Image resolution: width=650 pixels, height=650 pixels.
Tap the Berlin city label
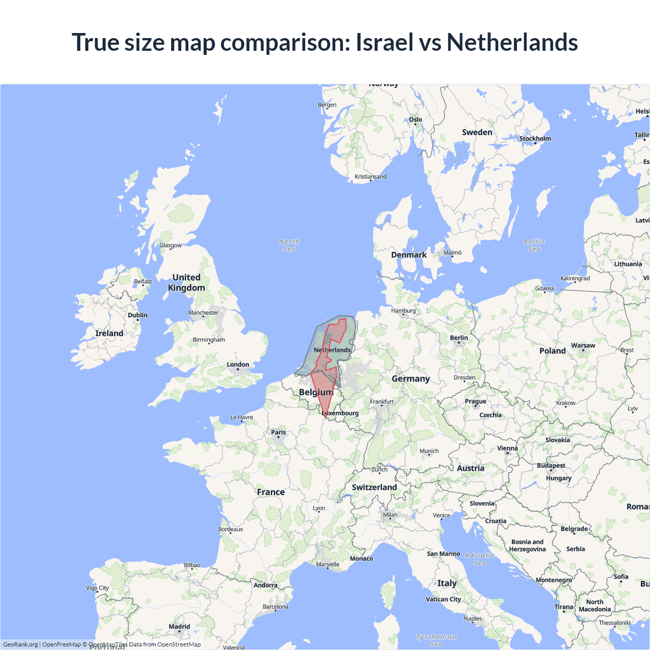[x=459, y=338]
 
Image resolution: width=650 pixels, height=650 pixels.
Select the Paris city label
[x=278, y=433]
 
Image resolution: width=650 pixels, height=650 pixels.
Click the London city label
[x=238, y=365]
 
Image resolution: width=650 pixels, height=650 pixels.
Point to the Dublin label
[x=138, y=315]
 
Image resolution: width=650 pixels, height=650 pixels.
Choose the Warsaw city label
[x=583, y=346]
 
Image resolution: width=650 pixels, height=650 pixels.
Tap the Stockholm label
[x=535, y=139]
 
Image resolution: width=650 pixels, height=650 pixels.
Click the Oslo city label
[x=415, y=120]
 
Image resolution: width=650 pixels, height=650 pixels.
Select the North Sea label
[x=289, y=245]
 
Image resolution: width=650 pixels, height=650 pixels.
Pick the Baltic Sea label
[x=534, y=245]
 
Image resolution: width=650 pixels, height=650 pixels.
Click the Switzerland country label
[x=374, y=487]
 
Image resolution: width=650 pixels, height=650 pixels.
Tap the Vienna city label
[x=507, y=448]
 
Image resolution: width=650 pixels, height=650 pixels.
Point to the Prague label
[x=475, y=402]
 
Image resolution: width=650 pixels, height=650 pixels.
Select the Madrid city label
[x=179, y=627]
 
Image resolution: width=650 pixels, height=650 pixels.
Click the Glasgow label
[x=171, y=246]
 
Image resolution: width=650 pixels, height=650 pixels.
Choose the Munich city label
[x=429, y=451]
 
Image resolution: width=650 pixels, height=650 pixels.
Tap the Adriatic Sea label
[x=479, y=559]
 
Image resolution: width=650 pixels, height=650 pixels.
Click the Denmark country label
[x=409, y=255]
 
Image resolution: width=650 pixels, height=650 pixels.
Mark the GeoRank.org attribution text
[x=20, y=644]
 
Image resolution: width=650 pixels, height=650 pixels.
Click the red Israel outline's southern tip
[x=326, y=417]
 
